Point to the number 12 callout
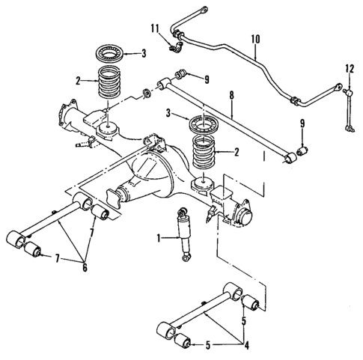(x=349, y=69)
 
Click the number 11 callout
(x=155, y=28)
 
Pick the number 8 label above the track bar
(x=233, y=95)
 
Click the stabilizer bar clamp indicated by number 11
(x=177, y=48)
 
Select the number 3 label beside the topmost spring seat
(x=144, y=54)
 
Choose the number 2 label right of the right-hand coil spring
(x=237, y=153)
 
